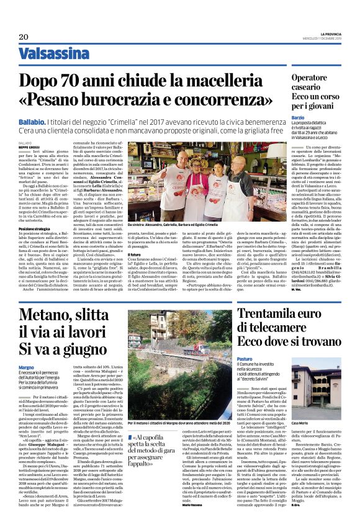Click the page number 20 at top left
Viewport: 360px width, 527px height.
click(16, 37)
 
